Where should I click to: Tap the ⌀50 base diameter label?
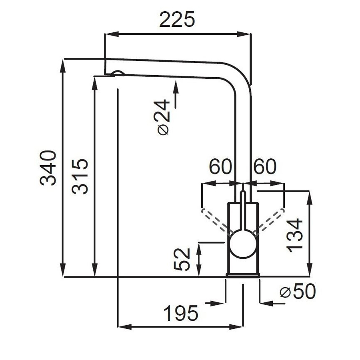(298, 292)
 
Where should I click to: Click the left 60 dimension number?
(220, 167)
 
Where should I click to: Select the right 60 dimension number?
(265, 167)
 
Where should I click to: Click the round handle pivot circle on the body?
(242, 243)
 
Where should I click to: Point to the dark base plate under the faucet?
(243, 275)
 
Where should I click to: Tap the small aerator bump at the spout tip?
(118, 73)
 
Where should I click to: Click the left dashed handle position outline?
(215, 220)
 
